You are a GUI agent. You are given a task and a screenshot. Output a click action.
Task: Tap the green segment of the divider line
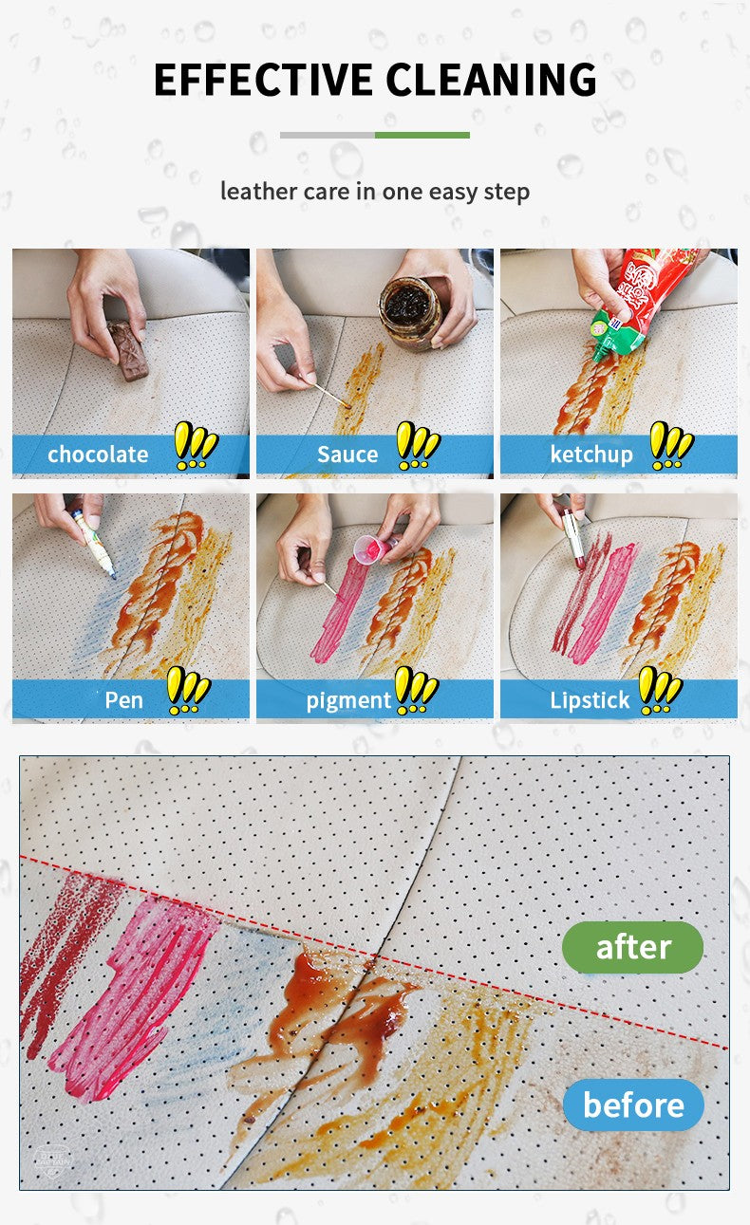point(422,135)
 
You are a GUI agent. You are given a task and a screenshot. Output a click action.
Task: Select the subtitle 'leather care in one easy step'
point(375,191)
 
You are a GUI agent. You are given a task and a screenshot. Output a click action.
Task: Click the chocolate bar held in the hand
point(125,350)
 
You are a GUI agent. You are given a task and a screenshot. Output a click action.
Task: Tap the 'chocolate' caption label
point(98,455)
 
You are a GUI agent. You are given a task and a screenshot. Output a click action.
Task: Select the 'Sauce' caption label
point(347,455)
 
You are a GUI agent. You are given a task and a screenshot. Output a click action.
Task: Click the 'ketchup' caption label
point(591,455)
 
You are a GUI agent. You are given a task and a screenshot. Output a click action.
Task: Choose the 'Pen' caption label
point(123,700)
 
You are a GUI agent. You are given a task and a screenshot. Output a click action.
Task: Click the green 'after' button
point(632,946)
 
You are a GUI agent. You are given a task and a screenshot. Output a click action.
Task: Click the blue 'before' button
point(633,1104)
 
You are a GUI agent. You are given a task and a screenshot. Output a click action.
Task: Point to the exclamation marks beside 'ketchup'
point(671,445)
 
